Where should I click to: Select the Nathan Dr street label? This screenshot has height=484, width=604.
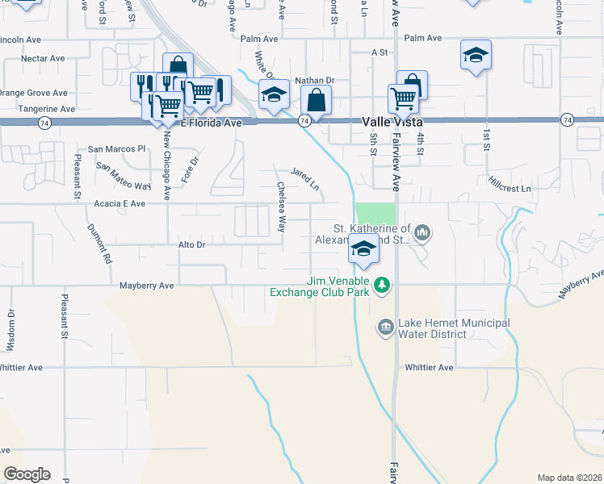[314, 81]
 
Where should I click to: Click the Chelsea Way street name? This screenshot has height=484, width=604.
[282, 207]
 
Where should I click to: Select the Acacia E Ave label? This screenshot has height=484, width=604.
[119, 204]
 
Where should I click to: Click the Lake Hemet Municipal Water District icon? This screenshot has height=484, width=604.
[385, 327]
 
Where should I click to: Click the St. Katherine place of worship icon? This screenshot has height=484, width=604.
[422, 234]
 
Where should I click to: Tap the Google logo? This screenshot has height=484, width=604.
[27, 474]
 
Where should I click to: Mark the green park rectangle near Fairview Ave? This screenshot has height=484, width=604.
[376, 214]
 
